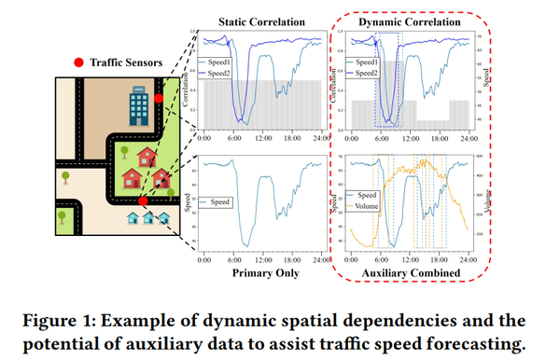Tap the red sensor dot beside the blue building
[x=159, y=97]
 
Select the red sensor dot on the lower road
[x=142, y=200]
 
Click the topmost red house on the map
[x=147, y=149]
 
